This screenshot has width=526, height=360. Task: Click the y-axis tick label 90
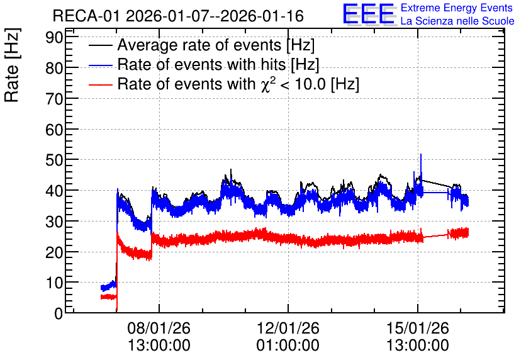54,37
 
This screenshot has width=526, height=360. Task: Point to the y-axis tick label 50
54,160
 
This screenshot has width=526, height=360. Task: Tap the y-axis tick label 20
54,252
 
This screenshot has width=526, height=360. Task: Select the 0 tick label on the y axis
59,313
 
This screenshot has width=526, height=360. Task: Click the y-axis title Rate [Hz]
12,65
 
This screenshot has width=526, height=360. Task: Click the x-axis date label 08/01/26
159,328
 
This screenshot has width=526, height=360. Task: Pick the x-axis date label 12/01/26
288,328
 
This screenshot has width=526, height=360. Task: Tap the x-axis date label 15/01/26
418,328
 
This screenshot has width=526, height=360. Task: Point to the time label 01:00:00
288,346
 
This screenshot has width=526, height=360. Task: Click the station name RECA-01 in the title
86,16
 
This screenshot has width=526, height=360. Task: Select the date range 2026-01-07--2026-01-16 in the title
215,16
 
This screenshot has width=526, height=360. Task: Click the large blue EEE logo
369,14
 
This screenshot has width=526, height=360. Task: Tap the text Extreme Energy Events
457,8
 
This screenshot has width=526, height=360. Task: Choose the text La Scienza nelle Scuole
457,21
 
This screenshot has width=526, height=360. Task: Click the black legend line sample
100,45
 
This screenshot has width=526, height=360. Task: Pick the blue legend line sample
100,65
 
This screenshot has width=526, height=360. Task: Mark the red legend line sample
100,84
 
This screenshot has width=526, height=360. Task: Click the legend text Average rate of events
199,45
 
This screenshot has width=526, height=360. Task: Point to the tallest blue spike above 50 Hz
421,155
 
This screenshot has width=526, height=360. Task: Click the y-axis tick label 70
54,99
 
